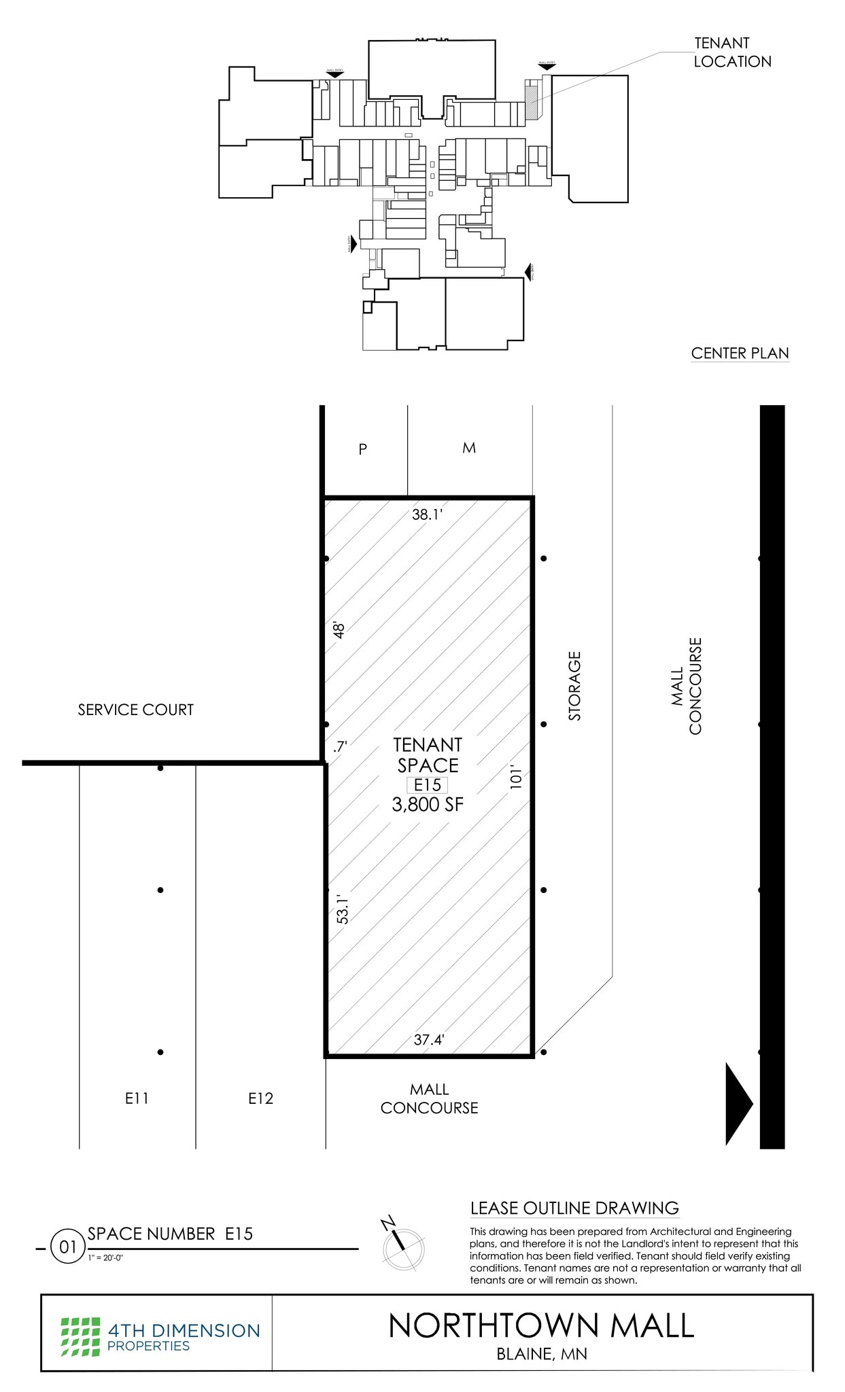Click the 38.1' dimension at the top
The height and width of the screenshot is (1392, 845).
[427, 515]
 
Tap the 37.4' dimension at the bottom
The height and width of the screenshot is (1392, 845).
[429, 1039]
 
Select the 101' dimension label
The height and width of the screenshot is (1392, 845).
[516, 778]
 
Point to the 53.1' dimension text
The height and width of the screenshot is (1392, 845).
[343, 910]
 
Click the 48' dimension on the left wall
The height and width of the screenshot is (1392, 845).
[339, 629]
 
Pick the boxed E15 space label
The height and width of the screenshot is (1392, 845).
[427, 785]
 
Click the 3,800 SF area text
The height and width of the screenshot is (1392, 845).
[428, 805]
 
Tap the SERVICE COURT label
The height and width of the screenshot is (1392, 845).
[135, 710]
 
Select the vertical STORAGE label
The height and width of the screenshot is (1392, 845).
[575, 686]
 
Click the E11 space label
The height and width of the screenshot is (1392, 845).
[137, 1098]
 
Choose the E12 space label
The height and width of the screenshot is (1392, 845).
[260, 1098]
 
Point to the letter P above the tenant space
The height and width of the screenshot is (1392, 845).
[362, 449]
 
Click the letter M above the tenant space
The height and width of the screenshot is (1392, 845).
[469, 448]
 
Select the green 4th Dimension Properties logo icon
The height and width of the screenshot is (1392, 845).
[80, 1336]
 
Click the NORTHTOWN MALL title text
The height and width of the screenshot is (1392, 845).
[541, 1325]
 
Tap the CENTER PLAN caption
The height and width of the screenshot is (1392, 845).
[740, 353]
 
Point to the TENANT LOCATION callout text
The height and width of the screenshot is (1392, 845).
[732, 52]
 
